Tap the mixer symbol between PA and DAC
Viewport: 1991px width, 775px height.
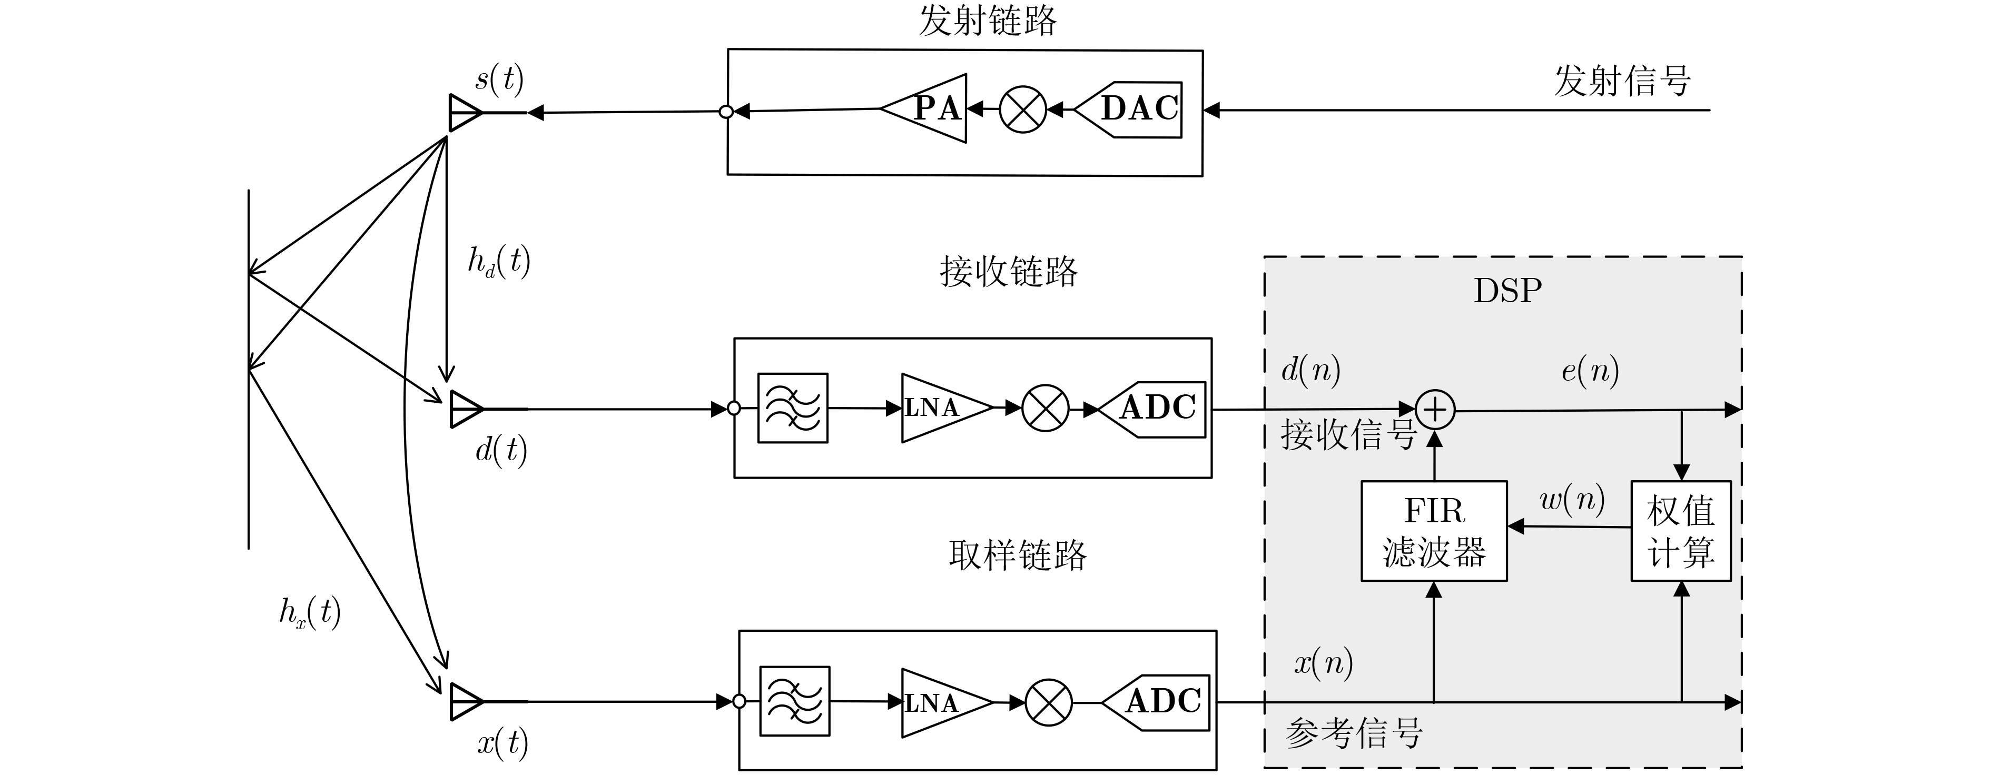(x=1022, y=110)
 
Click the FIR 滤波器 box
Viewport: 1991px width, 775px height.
(x=1434, y=531)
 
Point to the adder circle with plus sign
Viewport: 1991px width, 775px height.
(x=1435, y=410)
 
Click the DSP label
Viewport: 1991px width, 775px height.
(x=1507, y=291)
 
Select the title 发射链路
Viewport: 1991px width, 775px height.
(x=987, y=21)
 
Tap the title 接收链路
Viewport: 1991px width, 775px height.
(x=1009, y=272)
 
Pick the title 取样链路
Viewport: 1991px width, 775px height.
(x=1017, y=555)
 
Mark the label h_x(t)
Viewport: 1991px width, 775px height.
(x=310, y=613)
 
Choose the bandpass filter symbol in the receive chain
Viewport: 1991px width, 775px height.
(x=792, y=408)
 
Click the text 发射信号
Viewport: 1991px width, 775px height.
(x=1622, y=81)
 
